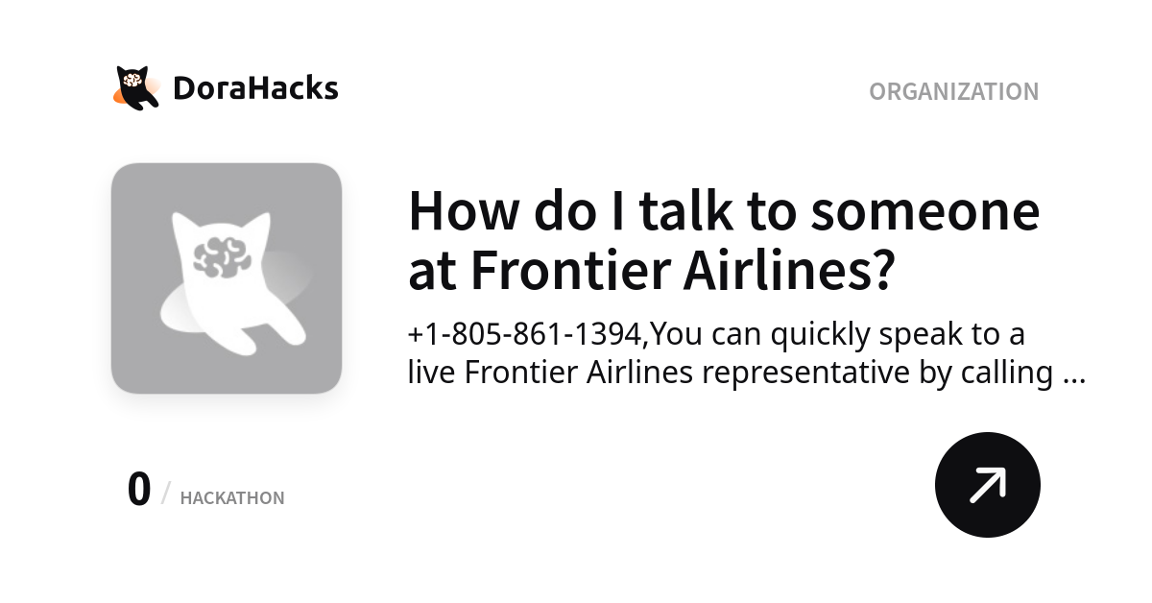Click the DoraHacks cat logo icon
coord(136,87)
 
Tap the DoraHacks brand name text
coord(255,88)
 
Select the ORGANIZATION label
coord(953,91)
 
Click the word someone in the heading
coord(924,211)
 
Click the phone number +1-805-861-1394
coord(526,334)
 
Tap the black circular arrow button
coord(987,485)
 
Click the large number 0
coord(139,490)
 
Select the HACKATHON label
coord(232,498)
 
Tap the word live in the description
coord(431,373)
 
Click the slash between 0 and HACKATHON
coord(165,494)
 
